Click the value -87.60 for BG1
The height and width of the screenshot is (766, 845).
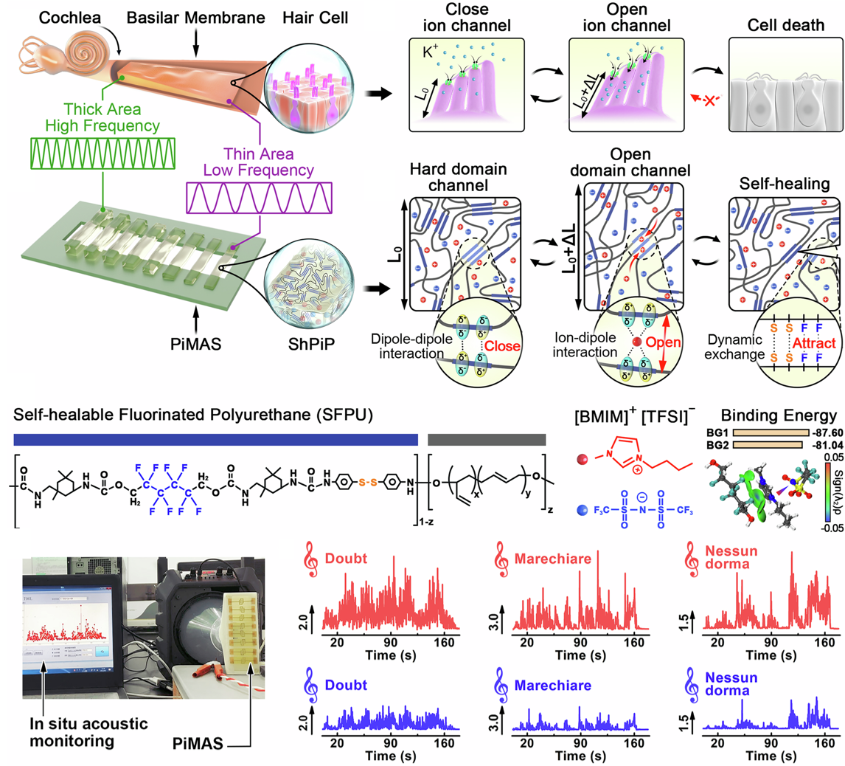tap(823, 433)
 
